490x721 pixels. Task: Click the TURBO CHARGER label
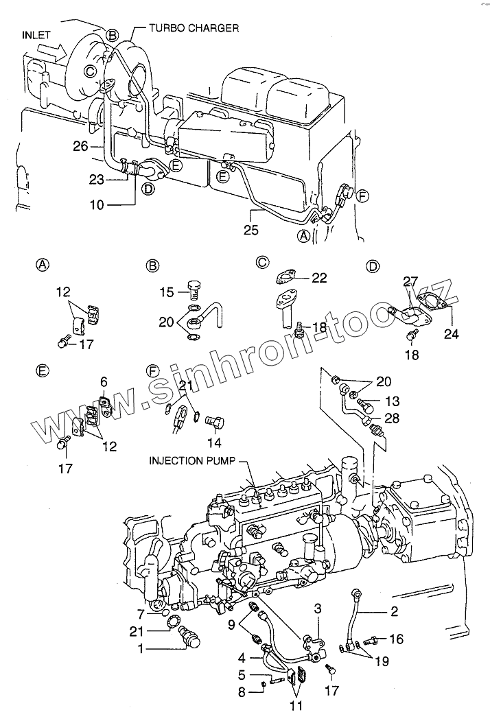195,28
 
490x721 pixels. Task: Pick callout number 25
251,231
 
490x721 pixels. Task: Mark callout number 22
319,277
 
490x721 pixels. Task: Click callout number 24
451,335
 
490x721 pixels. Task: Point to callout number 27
410,281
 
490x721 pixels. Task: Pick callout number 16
396,639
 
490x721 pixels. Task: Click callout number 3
318,608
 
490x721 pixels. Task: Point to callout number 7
140,614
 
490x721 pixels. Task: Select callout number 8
241,693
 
